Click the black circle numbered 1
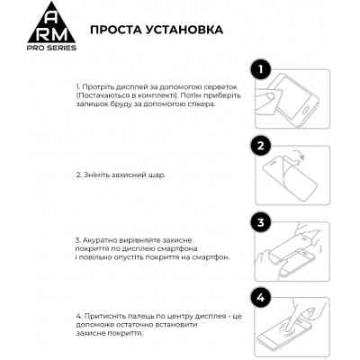tap(259, 68)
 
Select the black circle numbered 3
tap(259, 222)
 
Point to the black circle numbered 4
tap(259, 297)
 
